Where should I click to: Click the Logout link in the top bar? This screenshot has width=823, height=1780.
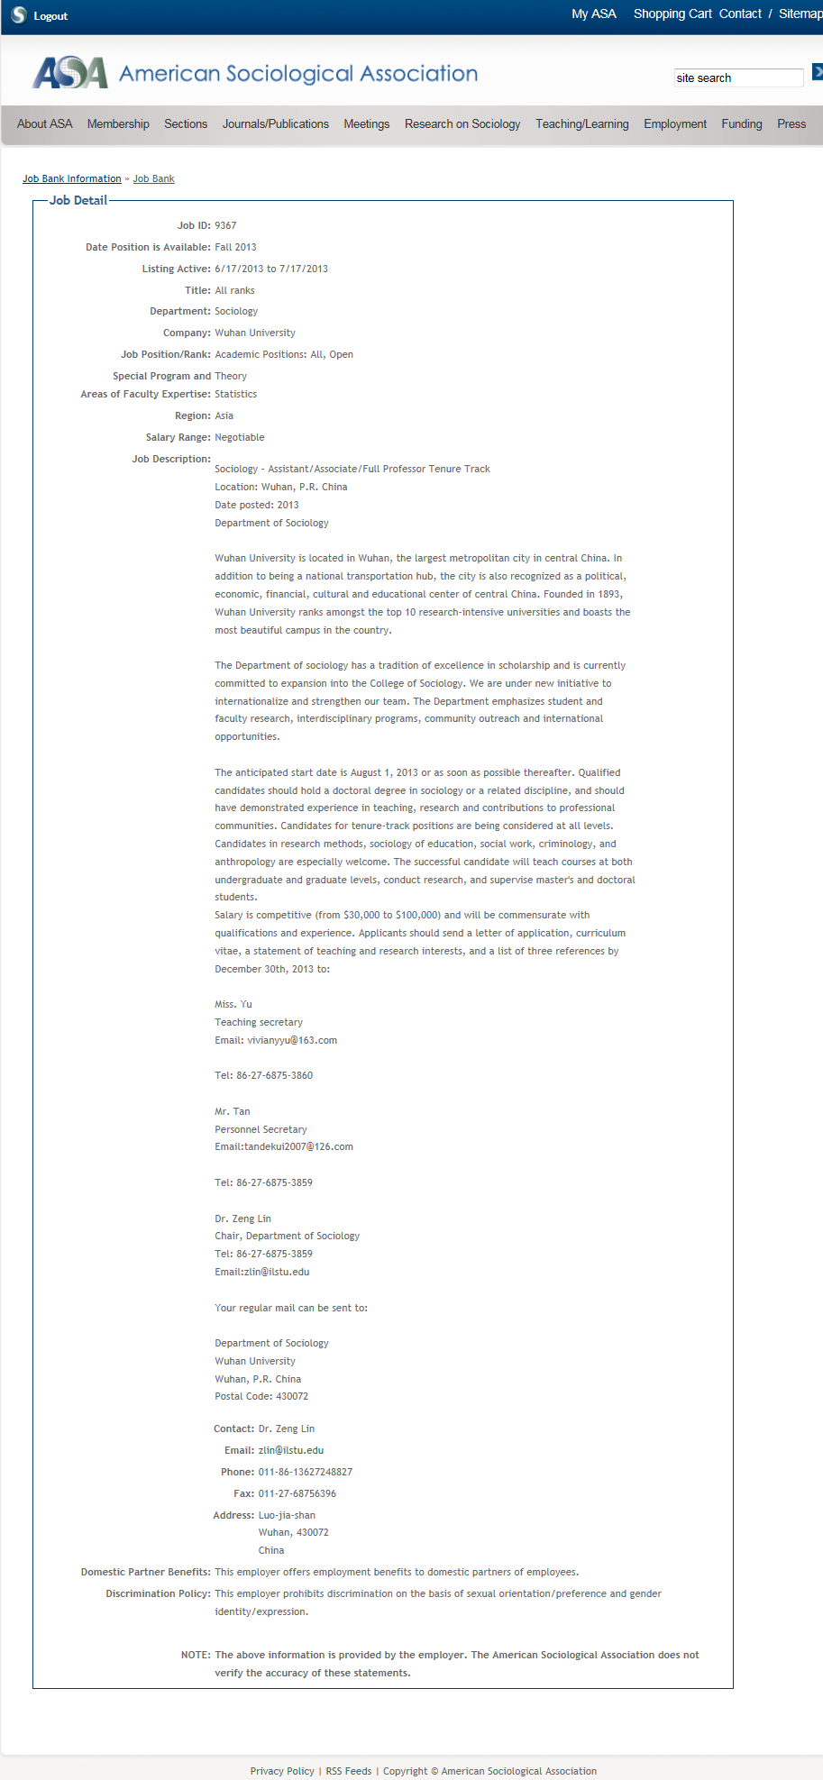coord(50,16)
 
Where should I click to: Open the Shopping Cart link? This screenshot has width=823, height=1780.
coord(672,14)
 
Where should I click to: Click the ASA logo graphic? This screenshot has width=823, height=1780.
coord(69,73)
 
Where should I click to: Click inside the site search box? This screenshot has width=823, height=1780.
coord(737,78)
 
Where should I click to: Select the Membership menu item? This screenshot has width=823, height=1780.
coord(118,124)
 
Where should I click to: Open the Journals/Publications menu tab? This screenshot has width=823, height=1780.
coord(275,124)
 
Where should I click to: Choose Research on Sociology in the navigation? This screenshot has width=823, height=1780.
coord(462,124)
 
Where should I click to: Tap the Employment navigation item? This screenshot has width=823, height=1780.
coord(674,124)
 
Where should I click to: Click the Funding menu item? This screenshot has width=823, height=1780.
coord(741,124)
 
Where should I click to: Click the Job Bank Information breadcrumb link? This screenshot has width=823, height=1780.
coord(72,179)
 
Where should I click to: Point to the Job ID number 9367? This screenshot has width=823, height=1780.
coord(225,226)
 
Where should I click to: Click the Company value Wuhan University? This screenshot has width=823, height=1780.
coord(255,333)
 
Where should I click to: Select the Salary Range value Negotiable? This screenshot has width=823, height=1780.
coord(240,438)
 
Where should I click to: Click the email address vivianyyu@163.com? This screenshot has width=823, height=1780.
coord(292,1041)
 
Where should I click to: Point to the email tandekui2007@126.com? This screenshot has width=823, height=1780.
coord(298,1147)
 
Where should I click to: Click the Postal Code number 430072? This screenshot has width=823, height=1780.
coord(292,1397)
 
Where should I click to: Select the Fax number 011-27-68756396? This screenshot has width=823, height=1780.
coord(297,1494)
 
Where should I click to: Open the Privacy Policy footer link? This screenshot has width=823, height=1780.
coord(282,1771)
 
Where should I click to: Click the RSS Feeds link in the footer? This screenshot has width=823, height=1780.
coord(348,1771)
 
